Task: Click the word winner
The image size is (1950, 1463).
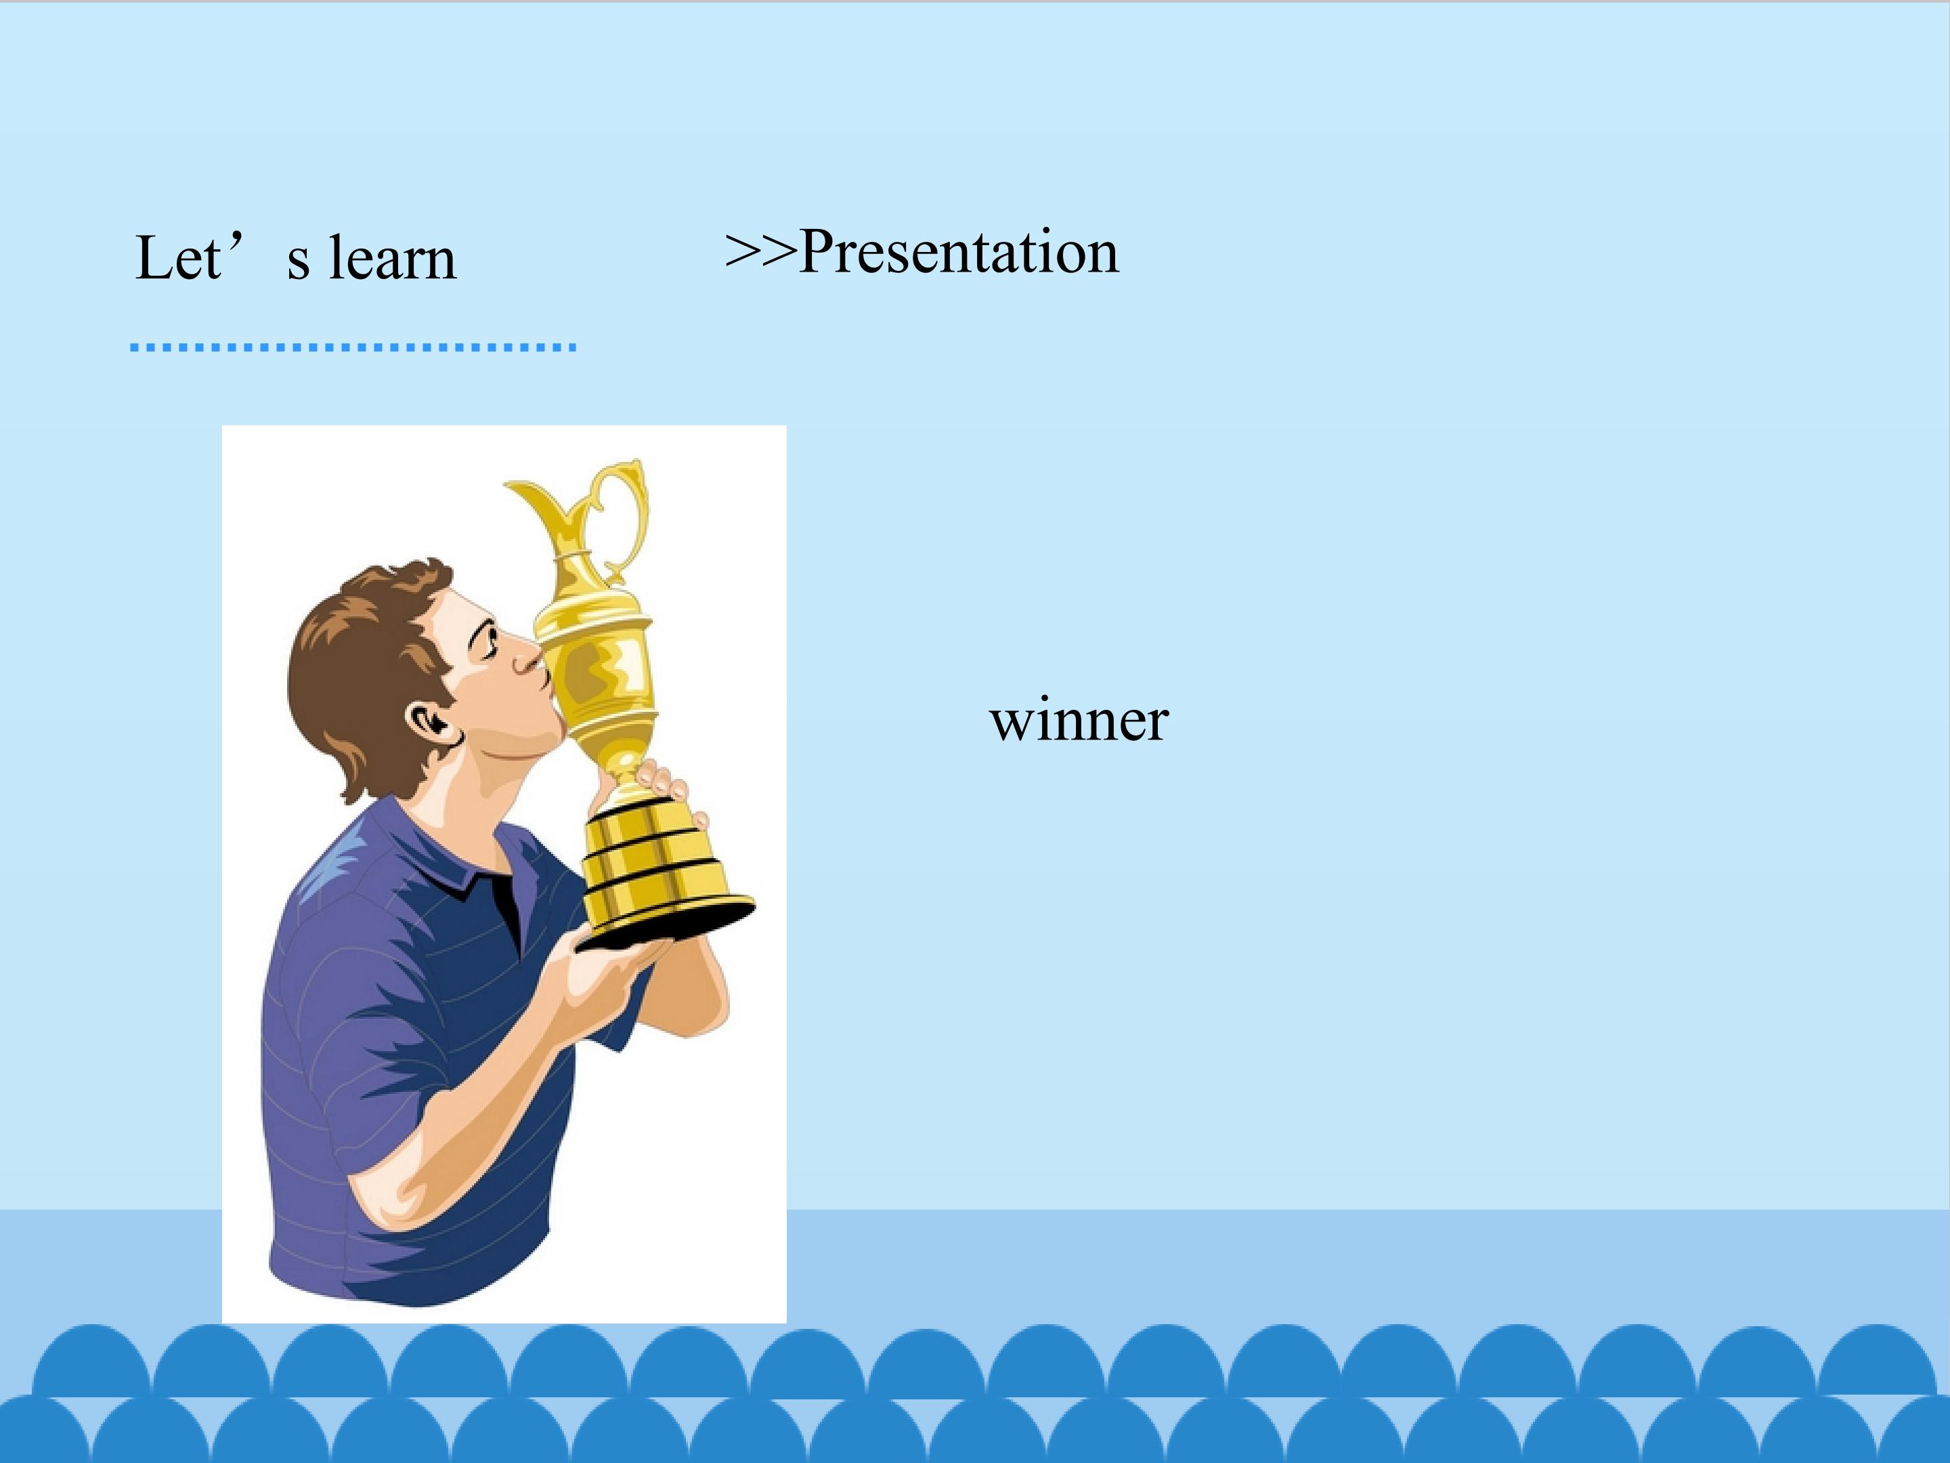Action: [1079, 721]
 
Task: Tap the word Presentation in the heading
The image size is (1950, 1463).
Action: [959, 252]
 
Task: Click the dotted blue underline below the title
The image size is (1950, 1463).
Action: [353, 347]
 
